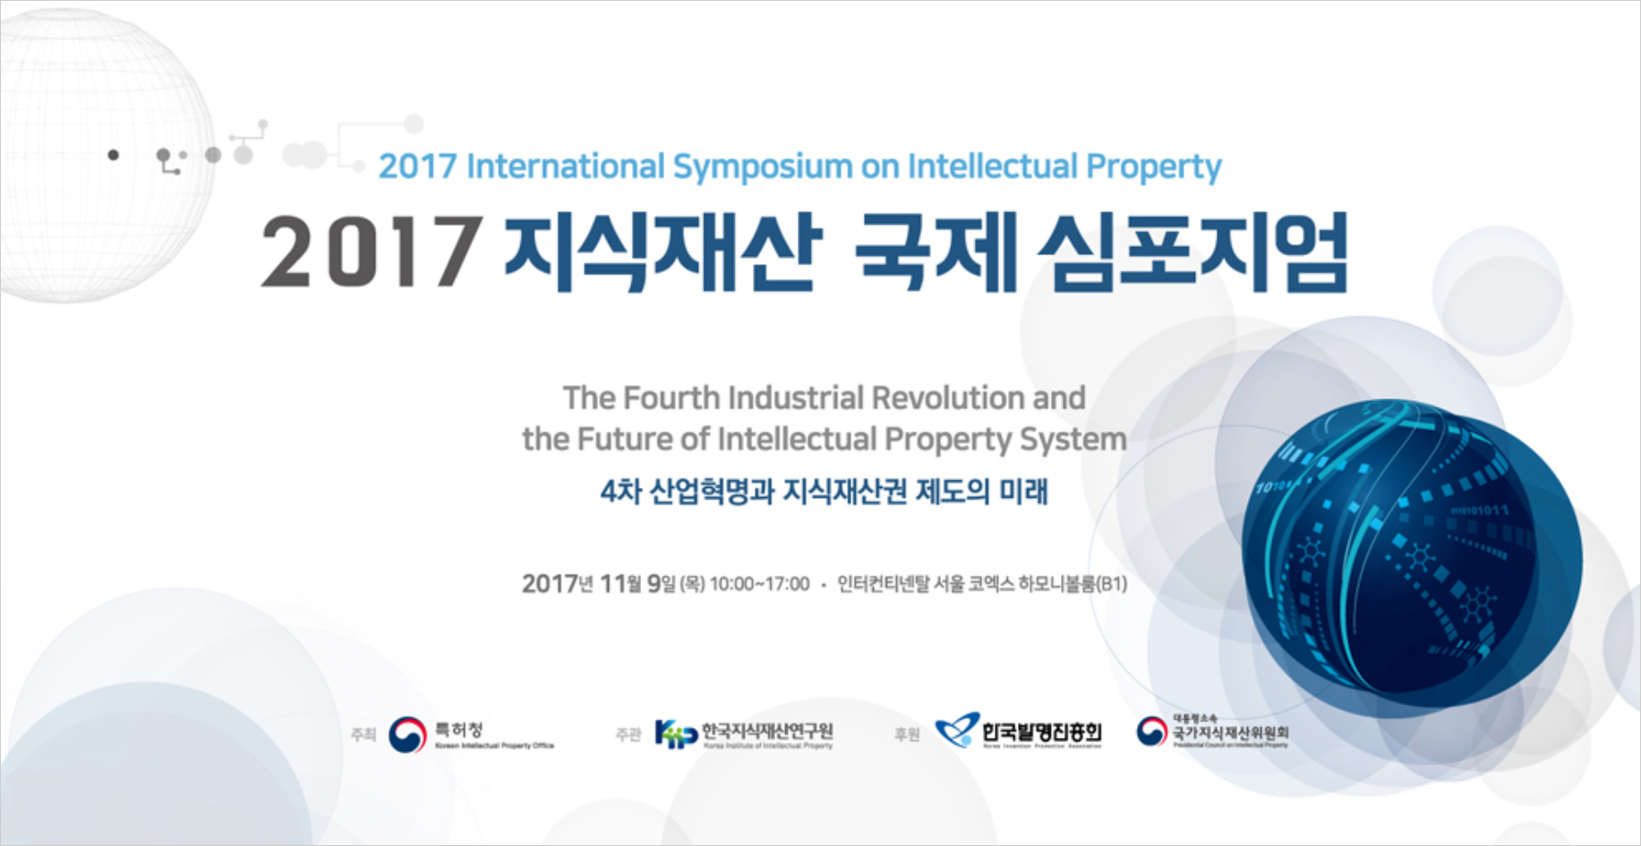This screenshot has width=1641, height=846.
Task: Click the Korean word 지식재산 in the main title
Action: [x=662, y=252]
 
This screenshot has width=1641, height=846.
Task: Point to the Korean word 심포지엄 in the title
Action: [x=1192, y=252]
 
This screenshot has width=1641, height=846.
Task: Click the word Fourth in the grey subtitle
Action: [x=671, y=397]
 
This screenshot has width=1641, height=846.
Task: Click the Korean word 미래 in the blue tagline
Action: [x=1023, y=491]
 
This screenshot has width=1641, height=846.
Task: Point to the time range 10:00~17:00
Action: [x=759, y=585]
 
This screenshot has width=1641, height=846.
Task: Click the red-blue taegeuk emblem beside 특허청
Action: [x=407, y=734]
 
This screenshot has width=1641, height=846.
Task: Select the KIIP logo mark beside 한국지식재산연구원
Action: [x=675, y=734]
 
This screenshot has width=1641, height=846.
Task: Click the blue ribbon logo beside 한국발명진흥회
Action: [x=956, y=731]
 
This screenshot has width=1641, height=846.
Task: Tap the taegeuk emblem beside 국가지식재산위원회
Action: [x=1151, y=731]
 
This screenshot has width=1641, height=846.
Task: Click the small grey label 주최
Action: [x=363, y=735]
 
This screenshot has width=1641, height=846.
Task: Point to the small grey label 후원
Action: [x=906, y=735]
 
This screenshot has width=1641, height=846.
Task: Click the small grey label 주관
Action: [x=628, y=735]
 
